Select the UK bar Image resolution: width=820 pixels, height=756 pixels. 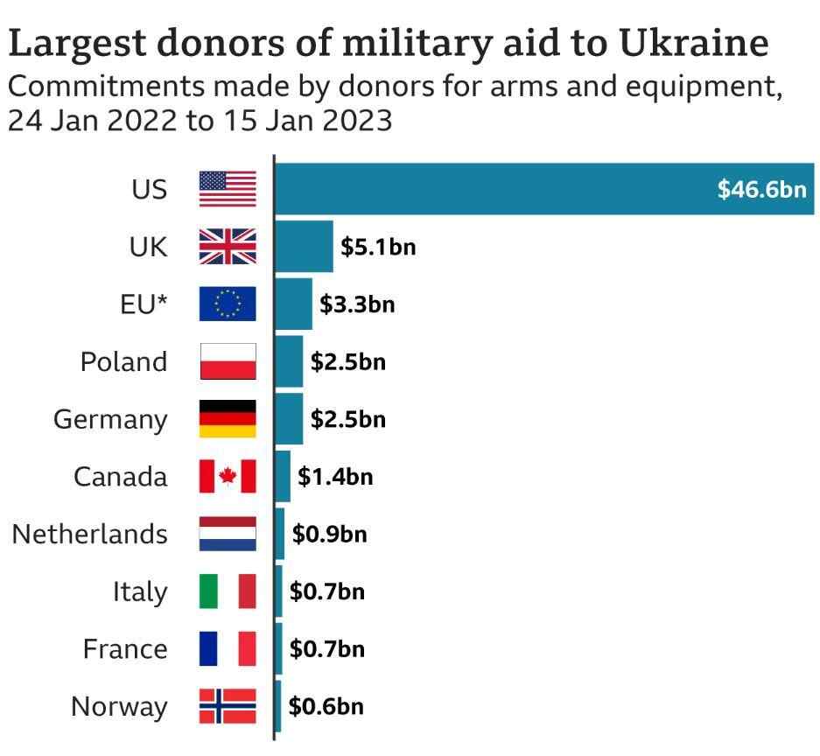304,247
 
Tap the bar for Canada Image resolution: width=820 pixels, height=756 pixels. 282,477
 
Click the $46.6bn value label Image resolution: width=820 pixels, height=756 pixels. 761,189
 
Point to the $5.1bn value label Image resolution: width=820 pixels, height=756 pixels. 378,247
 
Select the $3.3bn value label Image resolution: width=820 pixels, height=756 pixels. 357,304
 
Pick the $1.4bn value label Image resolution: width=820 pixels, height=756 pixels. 335,477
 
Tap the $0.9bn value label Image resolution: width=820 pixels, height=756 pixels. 329,534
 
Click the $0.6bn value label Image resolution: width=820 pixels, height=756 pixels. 326,706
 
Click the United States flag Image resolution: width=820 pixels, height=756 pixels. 228,189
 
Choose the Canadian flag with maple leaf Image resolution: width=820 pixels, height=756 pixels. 228,477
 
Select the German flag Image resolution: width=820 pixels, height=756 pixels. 228,419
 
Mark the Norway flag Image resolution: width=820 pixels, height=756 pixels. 228,706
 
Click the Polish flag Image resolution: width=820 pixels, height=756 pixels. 228,361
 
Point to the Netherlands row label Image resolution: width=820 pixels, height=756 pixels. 89,534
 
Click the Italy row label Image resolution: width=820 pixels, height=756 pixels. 139,591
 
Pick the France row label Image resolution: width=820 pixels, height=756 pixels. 125,649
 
